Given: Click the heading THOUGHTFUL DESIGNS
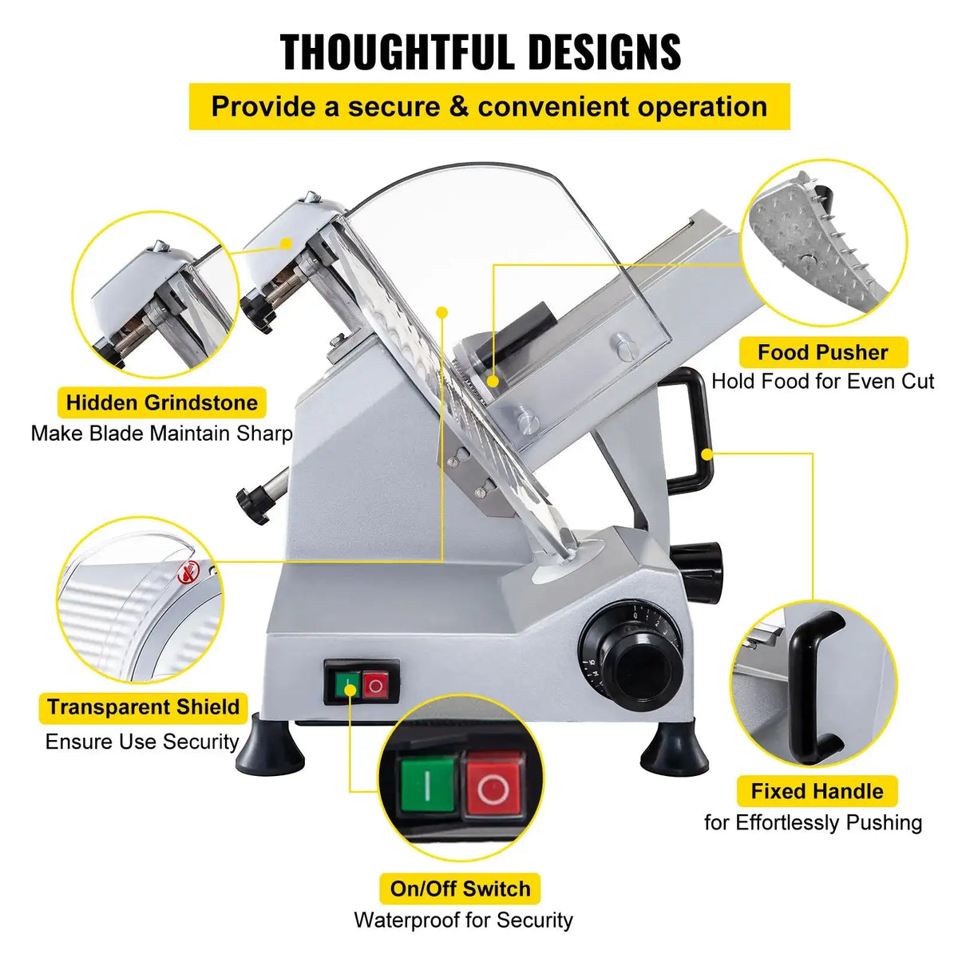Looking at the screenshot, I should [481, 53].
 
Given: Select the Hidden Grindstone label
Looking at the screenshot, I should [162, 402].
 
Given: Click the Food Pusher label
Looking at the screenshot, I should [822, 352].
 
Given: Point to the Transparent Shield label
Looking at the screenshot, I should [144, 707].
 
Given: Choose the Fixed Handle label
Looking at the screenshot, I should [817, 791].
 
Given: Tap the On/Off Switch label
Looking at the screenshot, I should [460, 889].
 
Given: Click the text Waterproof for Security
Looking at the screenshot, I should [463, 920].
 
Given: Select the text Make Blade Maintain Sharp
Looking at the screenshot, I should [162, 434].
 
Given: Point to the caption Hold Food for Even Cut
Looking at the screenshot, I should [822, 382].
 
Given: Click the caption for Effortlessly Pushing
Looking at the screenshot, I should [813, 822].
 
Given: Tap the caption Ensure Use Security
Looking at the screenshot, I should [142, 742].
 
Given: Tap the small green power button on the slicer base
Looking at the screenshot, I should [348, 684].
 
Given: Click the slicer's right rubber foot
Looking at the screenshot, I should [675, 750].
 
